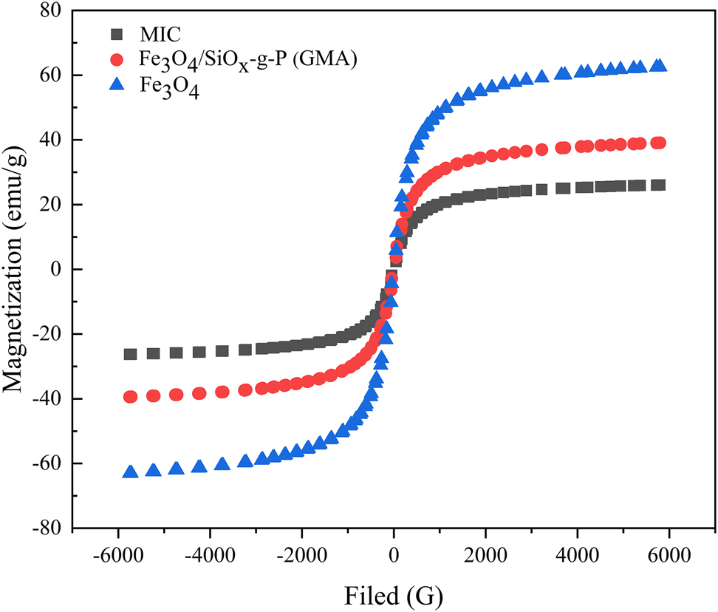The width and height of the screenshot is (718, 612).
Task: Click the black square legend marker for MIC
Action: click(x=115, y=34)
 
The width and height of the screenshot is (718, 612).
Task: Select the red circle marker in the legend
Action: click(x=115, y=59)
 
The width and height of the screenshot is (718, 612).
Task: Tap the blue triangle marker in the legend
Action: click(x=115, y=86)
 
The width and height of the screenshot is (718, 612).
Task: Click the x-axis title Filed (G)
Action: click(x=394, y=593)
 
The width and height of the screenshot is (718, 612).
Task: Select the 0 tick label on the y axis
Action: click(x=56, y=269)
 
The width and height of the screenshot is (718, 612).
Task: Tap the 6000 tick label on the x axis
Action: click(x=669, y=552)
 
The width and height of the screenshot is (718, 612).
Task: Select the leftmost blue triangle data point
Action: click(x=131, y=472)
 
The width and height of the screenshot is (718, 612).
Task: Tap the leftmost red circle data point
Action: click(x=131, y=396)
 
